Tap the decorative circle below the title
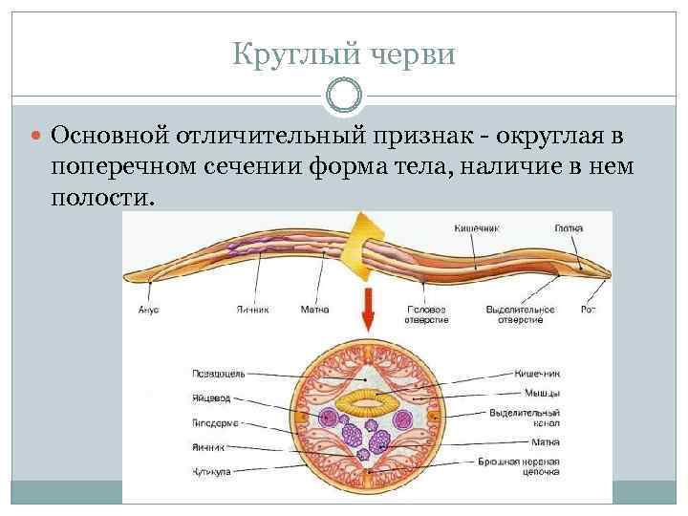[344, 96]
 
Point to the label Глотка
[568, 228]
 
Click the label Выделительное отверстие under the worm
[520, 314]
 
